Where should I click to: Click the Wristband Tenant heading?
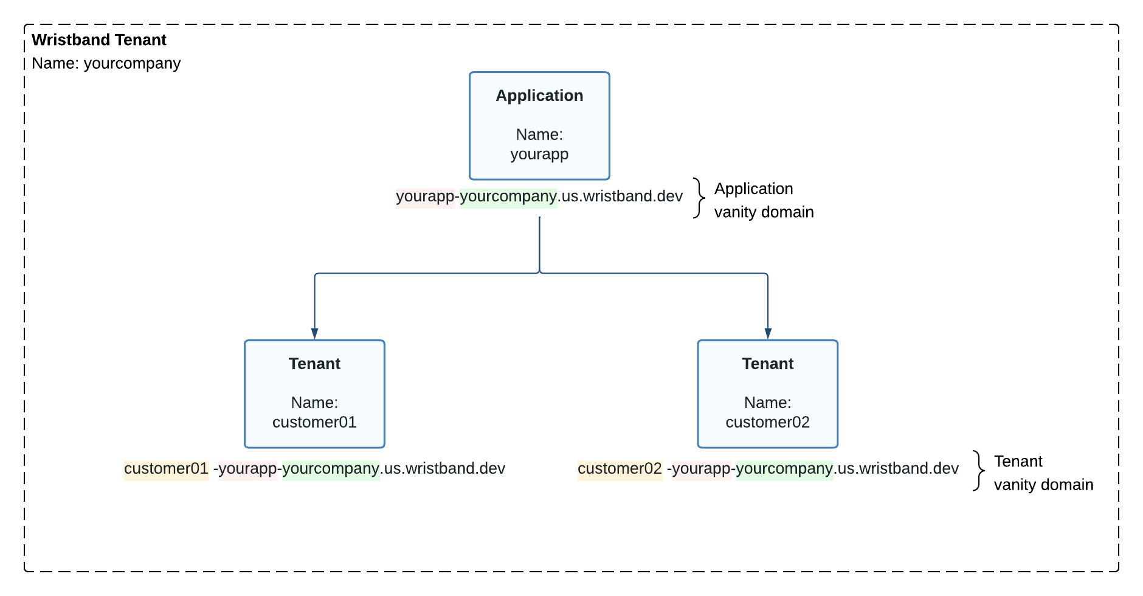pyautogui.click(x=99, y=40)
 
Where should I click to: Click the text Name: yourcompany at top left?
pyautogui.click(x=106, y=63)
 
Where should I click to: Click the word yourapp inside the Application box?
pyautogui.click(x=539, y=154)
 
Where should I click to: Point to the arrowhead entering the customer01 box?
pyautogui.click(x=314, y=333)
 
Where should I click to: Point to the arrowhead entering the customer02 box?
pyautogui.click(x=768, y=333)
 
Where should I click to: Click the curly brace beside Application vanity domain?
pyautogui.click(x=699, y=198)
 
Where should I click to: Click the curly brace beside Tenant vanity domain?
pyautogui.click(x=978, y=471)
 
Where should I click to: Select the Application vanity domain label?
pyautogui.click(x=763, y=200)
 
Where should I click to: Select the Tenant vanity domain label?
pyautogui.click(x=1043, y=473)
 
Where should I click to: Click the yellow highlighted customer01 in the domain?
pyautogui.click(x=166, y=469)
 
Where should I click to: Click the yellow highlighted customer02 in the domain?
pyautogui.click(x=620, y=469)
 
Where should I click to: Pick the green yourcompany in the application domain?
pyautogui.click(x=508, y=196)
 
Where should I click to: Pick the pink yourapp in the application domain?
pyautogui.click(x=425, y=196)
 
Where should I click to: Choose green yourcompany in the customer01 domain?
pyautogui.click(x=331, y=469)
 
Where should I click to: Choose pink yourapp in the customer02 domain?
pyautogui.click(x=701, y=469)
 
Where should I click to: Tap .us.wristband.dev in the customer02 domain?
pyautogui.click(x=896, y=469)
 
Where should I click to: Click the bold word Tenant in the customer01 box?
pyautogui.click(x=314, y=364)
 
